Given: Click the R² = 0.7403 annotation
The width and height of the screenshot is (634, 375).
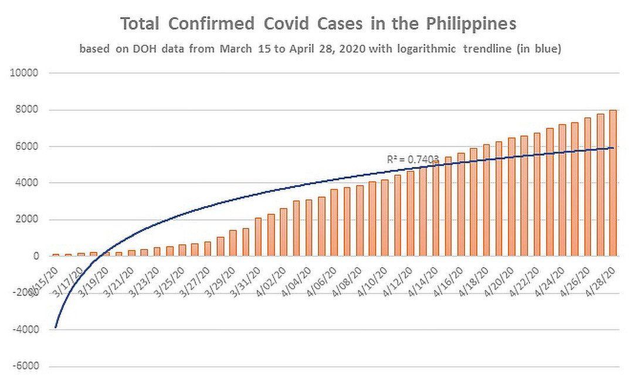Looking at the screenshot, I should click(412, 159).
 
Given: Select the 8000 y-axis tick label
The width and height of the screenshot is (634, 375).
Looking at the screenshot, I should click(28, 110).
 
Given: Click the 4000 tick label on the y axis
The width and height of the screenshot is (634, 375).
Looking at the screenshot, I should click(28, 183).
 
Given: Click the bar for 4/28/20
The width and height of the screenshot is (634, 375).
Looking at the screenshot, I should click(612, 183).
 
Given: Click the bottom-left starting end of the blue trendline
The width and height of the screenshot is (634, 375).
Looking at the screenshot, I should click(56, 327).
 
